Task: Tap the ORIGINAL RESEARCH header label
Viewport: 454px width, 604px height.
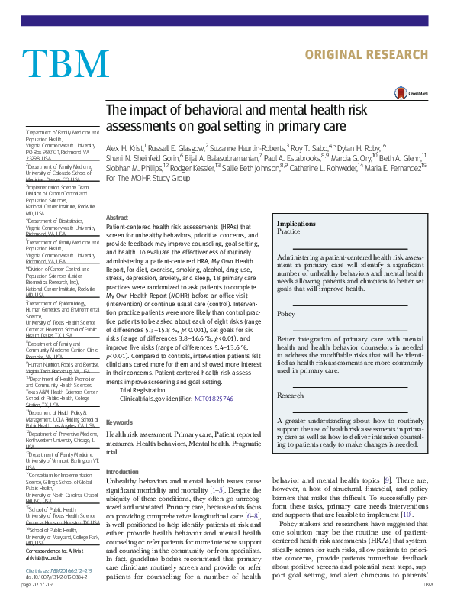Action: click(x=377, y=55)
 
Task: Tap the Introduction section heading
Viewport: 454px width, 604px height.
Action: click(x=123, y=472)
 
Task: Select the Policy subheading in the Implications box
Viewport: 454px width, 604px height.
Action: click(x=285, y=314)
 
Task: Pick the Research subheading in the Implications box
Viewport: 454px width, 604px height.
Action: click(x=290, y=396)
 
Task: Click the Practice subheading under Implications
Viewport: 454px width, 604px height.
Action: click(x=288, y=231)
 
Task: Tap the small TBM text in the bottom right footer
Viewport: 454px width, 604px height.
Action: click(x=427, y=583)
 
